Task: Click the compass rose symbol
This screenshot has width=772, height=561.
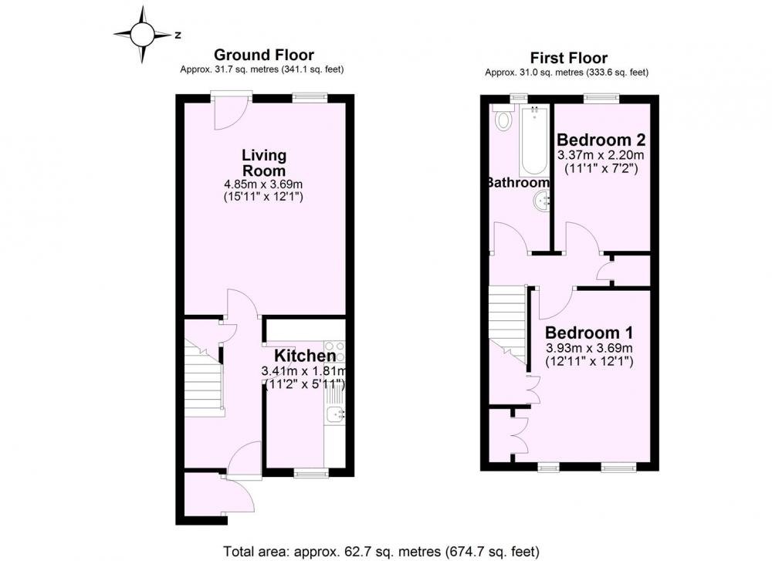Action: (x=143, y=35)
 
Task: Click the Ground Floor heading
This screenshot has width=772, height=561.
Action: (x=264, y=55)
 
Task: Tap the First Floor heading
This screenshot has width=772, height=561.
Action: (x=569, y=58)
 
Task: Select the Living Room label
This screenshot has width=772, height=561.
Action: (x=264, y=163)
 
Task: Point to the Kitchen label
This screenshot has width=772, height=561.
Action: (x=305, y=355)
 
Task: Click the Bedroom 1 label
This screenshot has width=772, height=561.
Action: (x=589, y=333)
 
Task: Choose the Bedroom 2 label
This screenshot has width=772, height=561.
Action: (x=601, y=140)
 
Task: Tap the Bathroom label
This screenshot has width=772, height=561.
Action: (x=519, y=182)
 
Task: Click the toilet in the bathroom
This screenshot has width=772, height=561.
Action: (x=503, y=120)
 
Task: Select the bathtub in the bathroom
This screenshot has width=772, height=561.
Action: (x=534, y=140)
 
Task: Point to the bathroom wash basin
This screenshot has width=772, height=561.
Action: (x=543, y=201)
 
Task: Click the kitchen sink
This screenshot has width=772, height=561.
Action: (x=335, y=416)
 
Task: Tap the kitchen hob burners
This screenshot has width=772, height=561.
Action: (x=334, y=350)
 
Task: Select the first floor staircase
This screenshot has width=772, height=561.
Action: (x=508, y=323)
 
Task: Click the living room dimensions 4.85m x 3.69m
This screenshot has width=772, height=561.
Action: (x=263, y=184)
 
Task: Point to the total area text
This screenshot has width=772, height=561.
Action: (x=381, y=551)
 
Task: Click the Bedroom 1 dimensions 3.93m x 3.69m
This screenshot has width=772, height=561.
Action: (x=589, y=349)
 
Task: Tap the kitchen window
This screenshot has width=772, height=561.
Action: (x=311, y=473)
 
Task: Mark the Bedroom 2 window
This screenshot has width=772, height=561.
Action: (x=601, y=98)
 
